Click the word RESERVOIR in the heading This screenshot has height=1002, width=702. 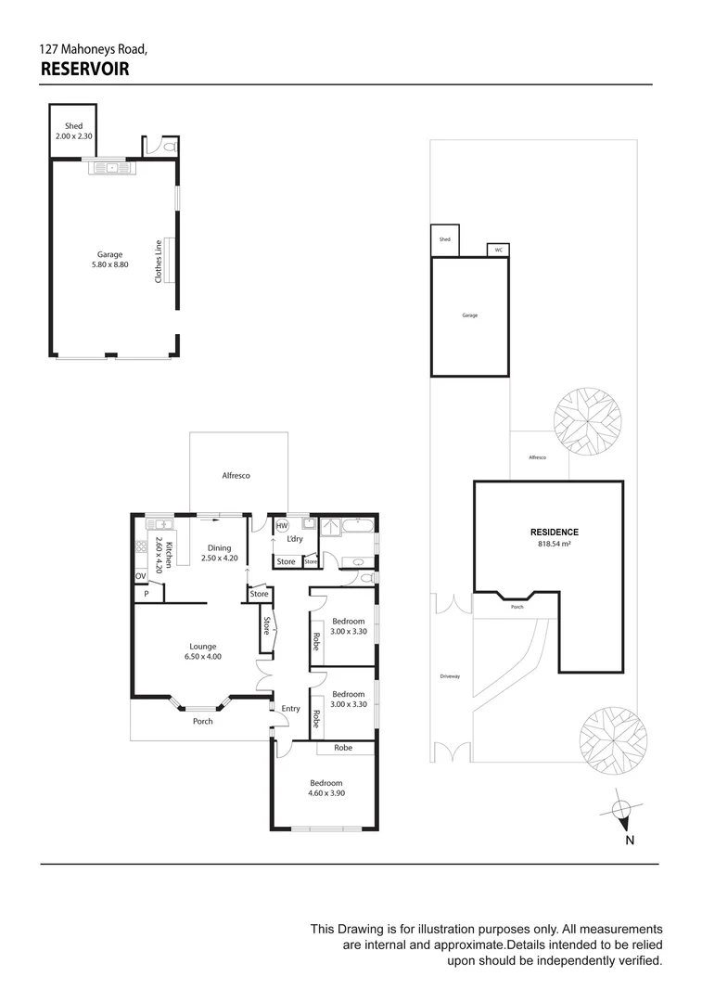point(84,69)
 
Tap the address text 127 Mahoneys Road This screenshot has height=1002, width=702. point(93,48)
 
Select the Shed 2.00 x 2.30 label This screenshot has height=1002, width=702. point(73,131)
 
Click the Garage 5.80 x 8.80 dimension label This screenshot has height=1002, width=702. point(110,259)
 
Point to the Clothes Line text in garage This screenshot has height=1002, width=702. point(159,261)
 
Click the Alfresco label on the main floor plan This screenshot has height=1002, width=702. point(236,476)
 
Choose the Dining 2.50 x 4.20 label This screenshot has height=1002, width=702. point(220,553)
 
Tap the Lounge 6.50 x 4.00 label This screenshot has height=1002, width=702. point(203,651)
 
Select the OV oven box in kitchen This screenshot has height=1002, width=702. point(141,576)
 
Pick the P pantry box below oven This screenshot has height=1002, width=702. point(146,594)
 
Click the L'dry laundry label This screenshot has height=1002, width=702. point(294,539)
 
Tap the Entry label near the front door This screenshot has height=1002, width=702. point(290,709)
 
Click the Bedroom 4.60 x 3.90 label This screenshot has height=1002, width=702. point(325,788)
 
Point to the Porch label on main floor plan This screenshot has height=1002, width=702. point(202,721)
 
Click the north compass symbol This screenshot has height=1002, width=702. point(623,811)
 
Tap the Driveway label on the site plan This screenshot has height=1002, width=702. point(451,676)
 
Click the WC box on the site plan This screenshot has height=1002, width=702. point(498,250)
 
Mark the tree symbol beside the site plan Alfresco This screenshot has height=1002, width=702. point(587,421)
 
